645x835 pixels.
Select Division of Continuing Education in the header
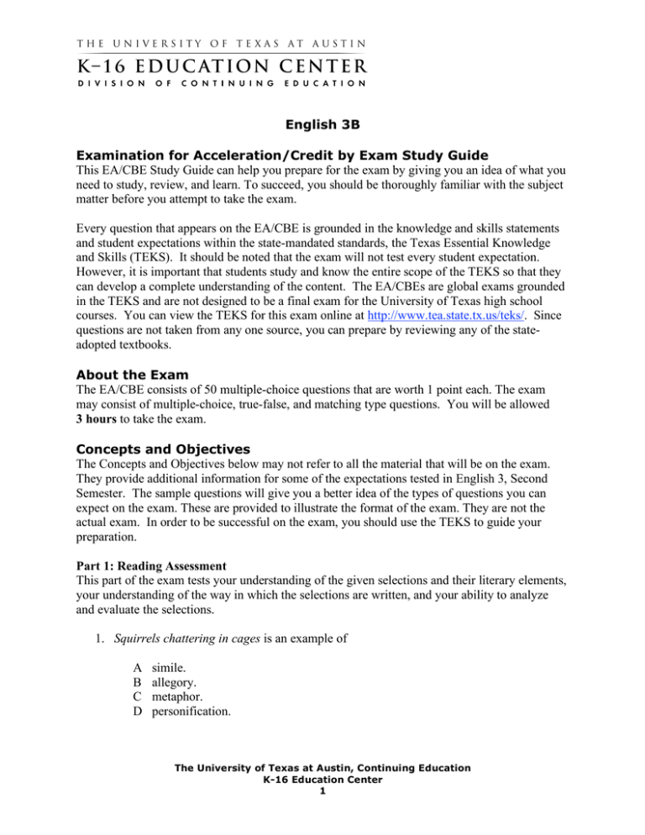pos(221,82)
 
